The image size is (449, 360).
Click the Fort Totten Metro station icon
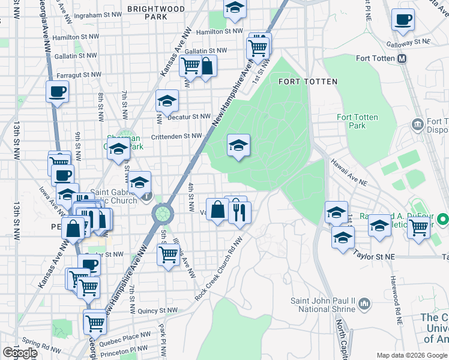coord(402,58)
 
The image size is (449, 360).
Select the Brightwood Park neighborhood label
coord(156,13)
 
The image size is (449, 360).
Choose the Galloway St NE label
coord(410,42)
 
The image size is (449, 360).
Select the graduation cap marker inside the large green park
coord(238,145)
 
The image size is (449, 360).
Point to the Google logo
coord(20,352)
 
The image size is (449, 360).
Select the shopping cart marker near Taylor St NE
coord(418,227)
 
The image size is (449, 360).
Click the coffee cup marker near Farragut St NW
coord(58,92)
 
